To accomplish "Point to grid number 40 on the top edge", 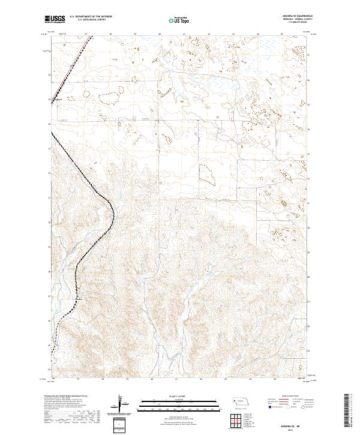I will pyautogui.click(x=160, y=34).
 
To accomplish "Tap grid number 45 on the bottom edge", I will pyautogui.click(x=274, y=380).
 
